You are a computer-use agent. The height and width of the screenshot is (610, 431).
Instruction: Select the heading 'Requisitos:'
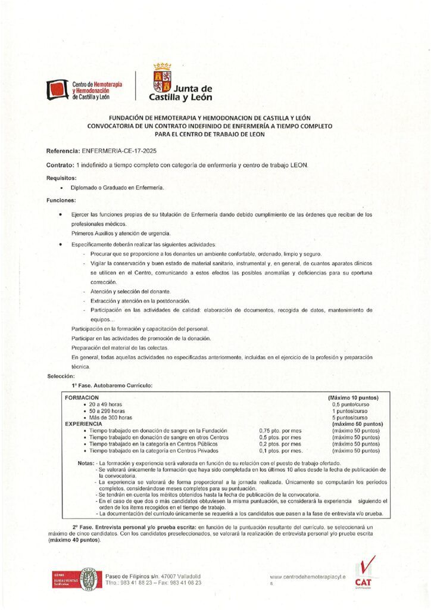click(61, 178)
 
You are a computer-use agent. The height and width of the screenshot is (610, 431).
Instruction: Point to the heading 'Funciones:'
click(61, 200)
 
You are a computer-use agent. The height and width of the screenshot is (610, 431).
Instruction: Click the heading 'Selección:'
click(61, 376)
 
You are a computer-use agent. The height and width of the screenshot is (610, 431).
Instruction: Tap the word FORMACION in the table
click(82, 397)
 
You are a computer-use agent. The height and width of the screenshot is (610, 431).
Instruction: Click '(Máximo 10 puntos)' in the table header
click(353, 397)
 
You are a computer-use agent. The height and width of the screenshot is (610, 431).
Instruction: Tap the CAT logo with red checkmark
click(363, 572)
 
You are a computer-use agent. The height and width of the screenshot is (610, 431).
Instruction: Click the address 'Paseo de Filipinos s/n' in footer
click(135, 576)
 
